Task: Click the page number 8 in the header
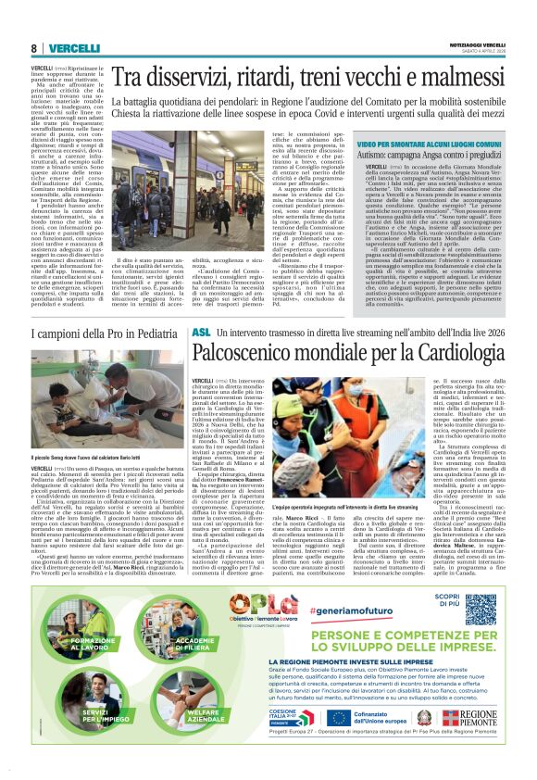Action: [x=34, y=48]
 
